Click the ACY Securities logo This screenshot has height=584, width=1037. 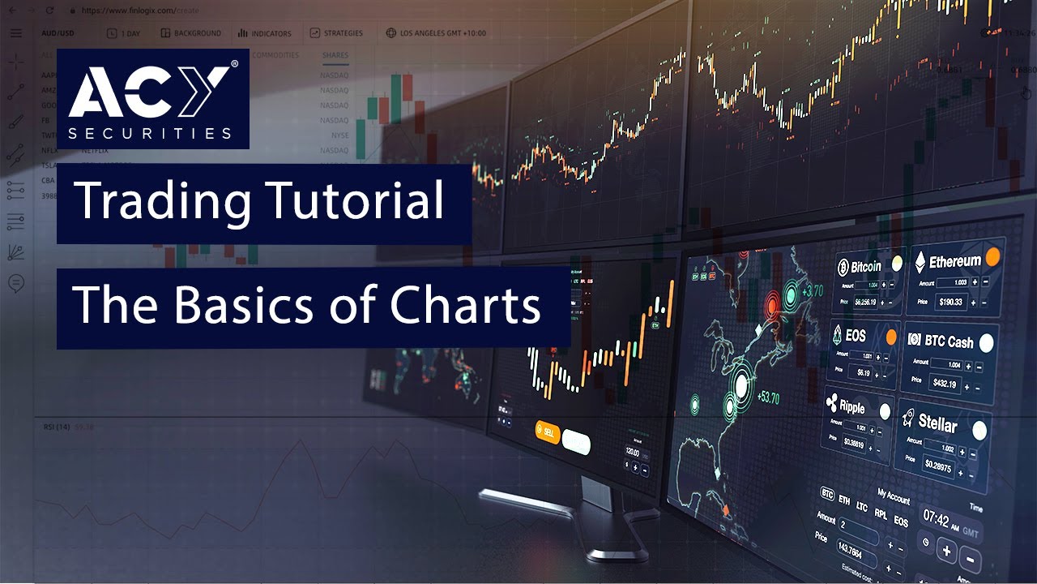click(153, 98)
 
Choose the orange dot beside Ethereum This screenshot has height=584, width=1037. click(992, 257)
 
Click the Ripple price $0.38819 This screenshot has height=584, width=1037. click(852, 443)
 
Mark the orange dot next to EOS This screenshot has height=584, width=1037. click(891, 337)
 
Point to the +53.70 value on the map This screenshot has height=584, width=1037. click(768, 398)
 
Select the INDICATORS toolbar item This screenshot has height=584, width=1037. click(265, 33)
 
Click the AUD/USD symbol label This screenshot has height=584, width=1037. click(58, 33)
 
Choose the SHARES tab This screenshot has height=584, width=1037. click(335, 55)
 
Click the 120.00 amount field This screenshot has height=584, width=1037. click(633, 452)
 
